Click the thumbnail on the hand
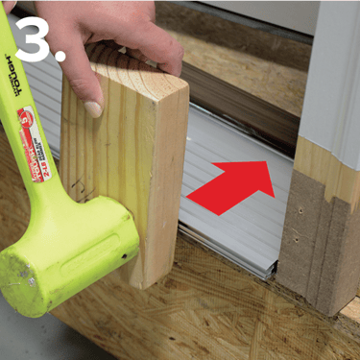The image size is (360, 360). tap(93, 108)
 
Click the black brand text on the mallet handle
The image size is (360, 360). tap(21, 72)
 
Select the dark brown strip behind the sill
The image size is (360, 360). tap(240, 106)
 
